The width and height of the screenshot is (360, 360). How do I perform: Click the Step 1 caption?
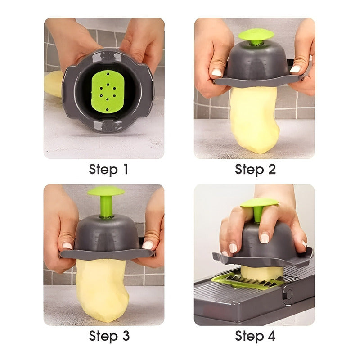(108, 170)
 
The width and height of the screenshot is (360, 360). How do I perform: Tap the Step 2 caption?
(255, 170)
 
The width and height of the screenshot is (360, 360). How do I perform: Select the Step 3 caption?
(108, 336)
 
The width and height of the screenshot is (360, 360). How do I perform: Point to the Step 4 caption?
(255, 336)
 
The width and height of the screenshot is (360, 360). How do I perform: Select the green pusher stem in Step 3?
(106, 207)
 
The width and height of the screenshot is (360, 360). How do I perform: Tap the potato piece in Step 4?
(262, 272)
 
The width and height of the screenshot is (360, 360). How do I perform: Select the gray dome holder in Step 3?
(107, 234)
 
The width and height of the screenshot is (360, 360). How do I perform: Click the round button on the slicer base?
(288, 294)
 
